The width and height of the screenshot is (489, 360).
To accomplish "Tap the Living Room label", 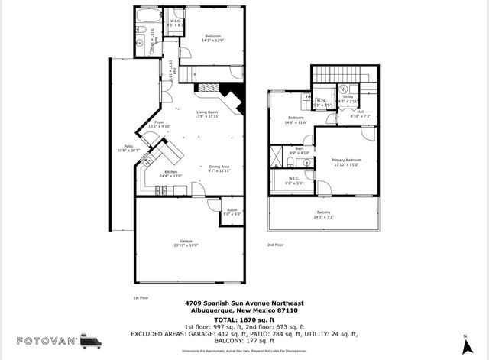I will click(208, 115).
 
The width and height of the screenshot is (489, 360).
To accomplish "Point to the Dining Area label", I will click(219, 169).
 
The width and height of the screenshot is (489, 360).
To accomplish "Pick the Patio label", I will click(122, 150).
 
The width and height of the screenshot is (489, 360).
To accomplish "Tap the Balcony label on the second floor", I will click(324, 215).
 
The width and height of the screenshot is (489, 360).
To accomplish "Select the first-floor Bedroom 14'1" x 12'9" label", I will click(212, 38).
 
